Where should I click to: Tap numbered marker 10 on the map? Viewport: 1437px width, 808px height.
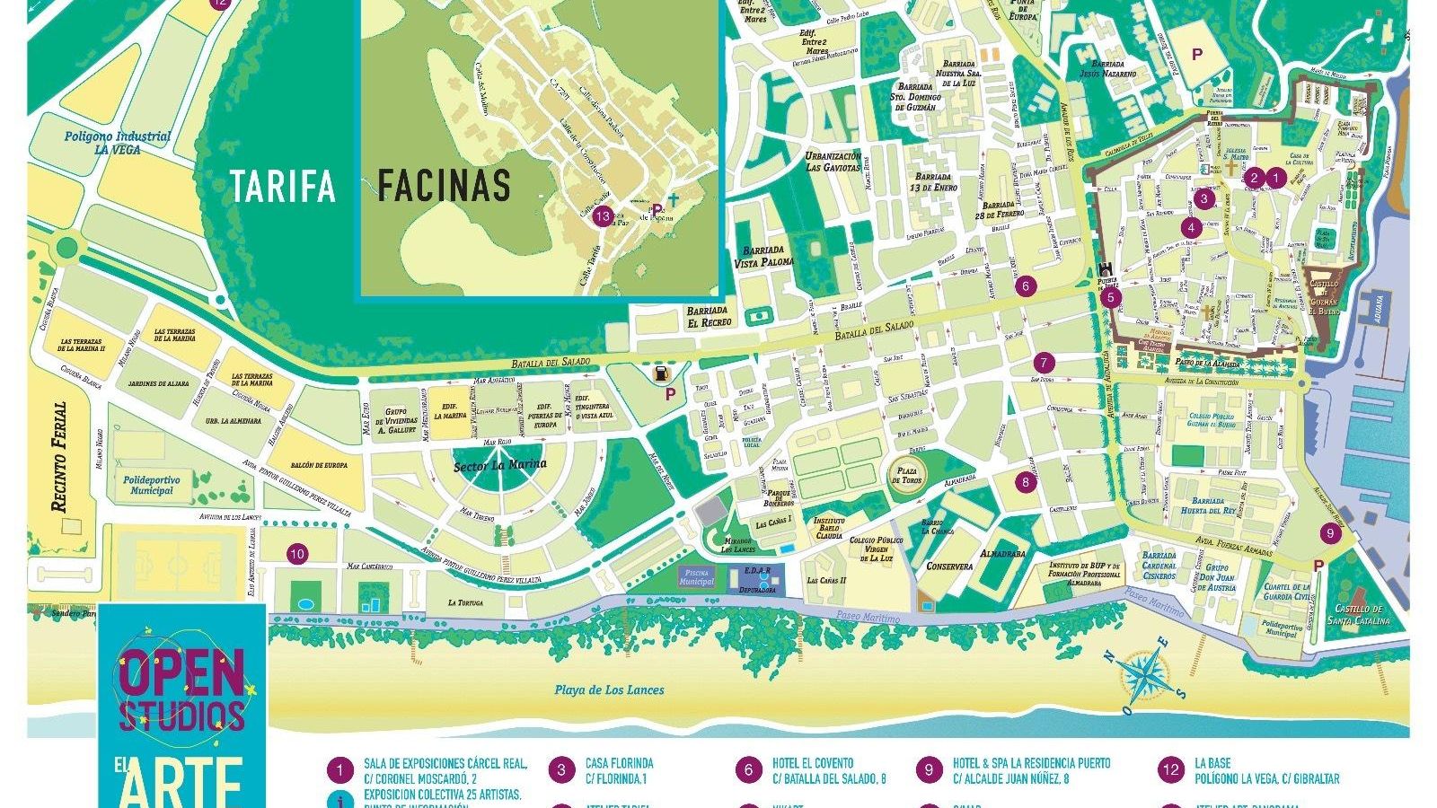[297, 554]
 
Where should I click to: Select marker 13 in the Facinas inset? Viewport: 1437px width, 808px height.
[603, 216]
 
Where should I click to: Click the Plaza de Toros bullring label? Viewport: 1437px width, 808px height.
[908, 474]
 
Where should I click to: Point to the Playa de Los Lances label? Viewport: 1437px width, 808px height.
[609, 689]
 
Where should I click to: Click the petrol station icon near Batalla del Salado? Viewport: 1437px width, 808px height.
[661, 373]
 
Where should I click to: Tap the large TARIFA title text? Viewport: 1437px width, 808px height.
[283, 186]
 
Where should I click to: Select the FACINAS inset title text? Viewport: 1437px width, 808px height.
[444, 186]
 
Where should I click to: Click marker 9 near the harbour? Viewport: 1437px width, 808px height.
[1330, 533]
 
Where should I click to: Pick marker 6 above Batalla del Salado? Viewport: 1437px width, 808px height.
[1026, 286]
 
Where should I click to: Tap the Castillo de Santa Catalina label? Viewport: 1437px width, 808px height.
[1357, 615]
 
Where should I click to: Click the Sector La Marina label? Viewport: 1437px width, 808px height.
[499, 465]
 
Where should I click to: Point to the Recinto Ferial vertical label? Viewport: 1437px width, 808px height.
[59, 457]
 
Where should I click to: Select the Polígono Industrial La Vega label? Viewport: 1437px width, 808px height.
[117, 143]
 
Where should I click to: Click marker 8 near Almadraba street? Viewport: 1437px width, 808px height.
[1027, 481]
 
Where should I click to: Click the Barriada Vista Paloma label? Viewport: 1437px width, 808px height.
[764, 256]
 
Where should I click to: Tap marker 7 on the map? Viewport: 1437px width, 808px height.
[1043, 363]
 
